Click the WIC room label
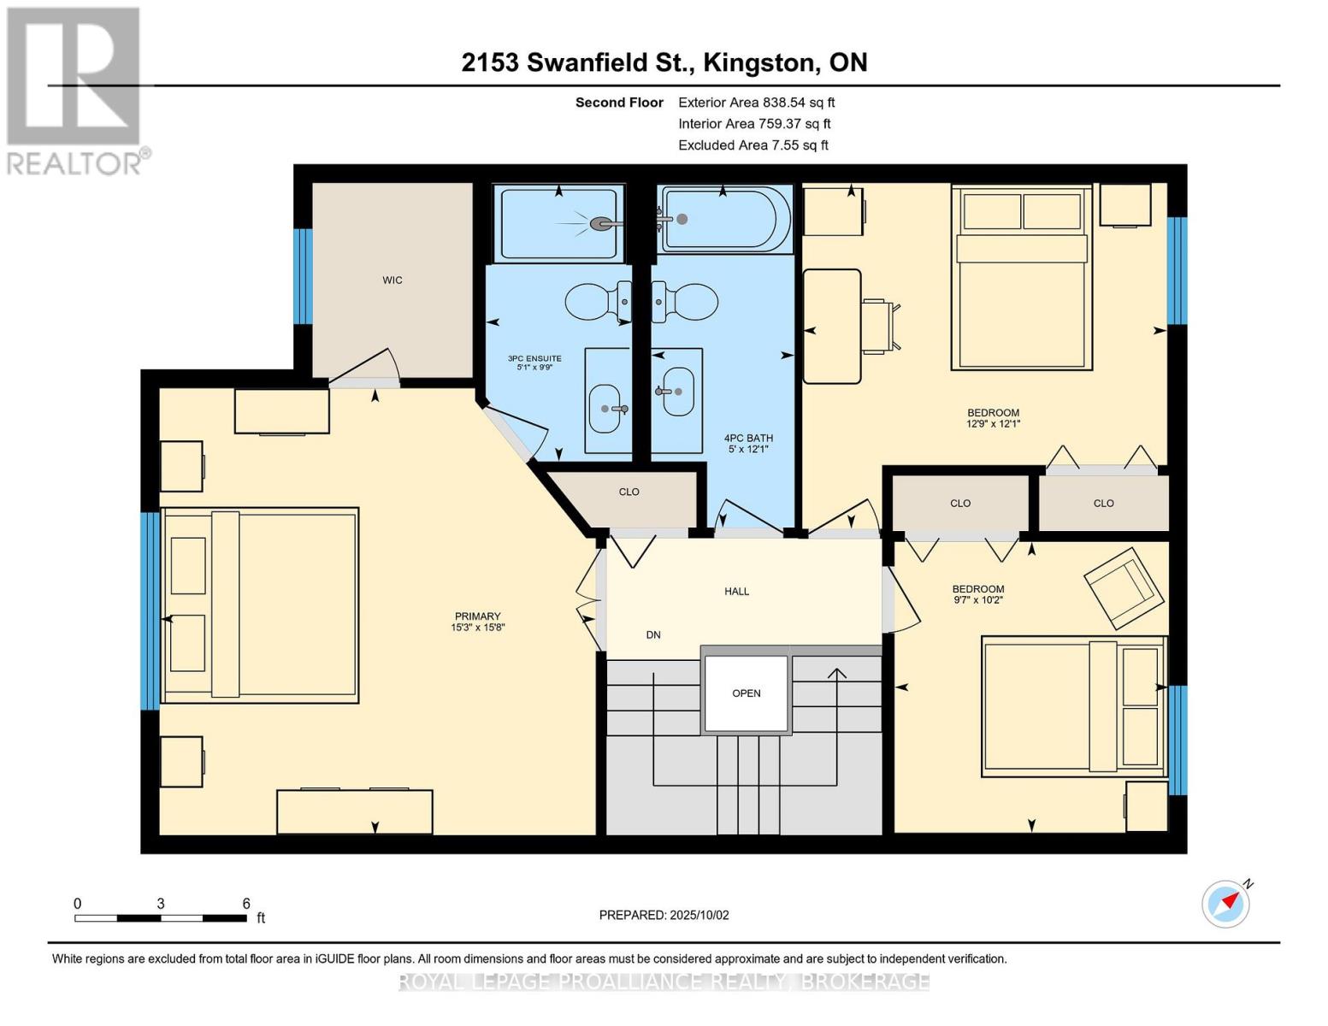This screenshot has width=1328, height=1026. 392,280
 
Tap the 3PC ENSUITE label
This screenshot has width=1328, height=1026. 534,363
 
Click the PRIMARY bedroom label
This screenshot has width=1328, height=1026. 477,621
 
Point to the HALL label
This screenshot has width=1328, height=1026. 736,591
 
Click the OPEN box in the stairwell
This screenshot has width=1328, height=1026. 746,693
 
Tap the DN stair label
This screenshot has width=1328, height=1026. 653,634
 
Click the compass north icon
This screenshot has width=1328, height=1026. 1225,903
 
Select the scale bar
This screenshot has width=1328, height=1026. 161,917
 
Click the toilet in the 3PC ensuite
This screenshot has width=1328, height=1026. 597,302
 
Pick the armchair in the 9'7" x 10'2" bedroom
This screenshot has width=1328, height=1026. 1124,588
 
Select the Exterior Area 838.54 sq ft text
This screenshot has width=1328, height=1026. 756,103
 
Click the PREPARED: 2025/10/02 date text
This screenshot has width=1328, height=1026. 664,915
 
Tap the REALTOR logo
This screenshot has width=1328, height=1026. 75,90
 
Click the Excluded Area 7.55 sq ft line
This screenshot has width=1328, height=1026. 753,145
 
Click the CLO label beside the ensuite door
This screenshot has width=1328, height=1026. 629,492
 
